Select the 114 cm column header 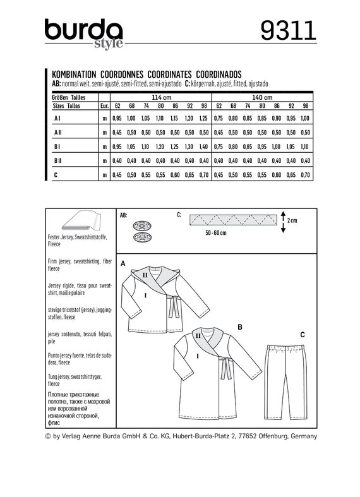(x=161, y=98)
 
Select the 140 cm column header (x=261, y=98)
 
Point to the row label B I (x=57, y=147)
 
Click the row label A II (x=57, y=133)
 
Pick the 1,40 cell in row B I (x=203, y=147)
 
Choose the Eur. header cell (x=105, y=105)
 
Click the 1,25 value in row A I (x=203, y=118)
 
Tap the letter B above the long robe (x=240, y=326)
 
